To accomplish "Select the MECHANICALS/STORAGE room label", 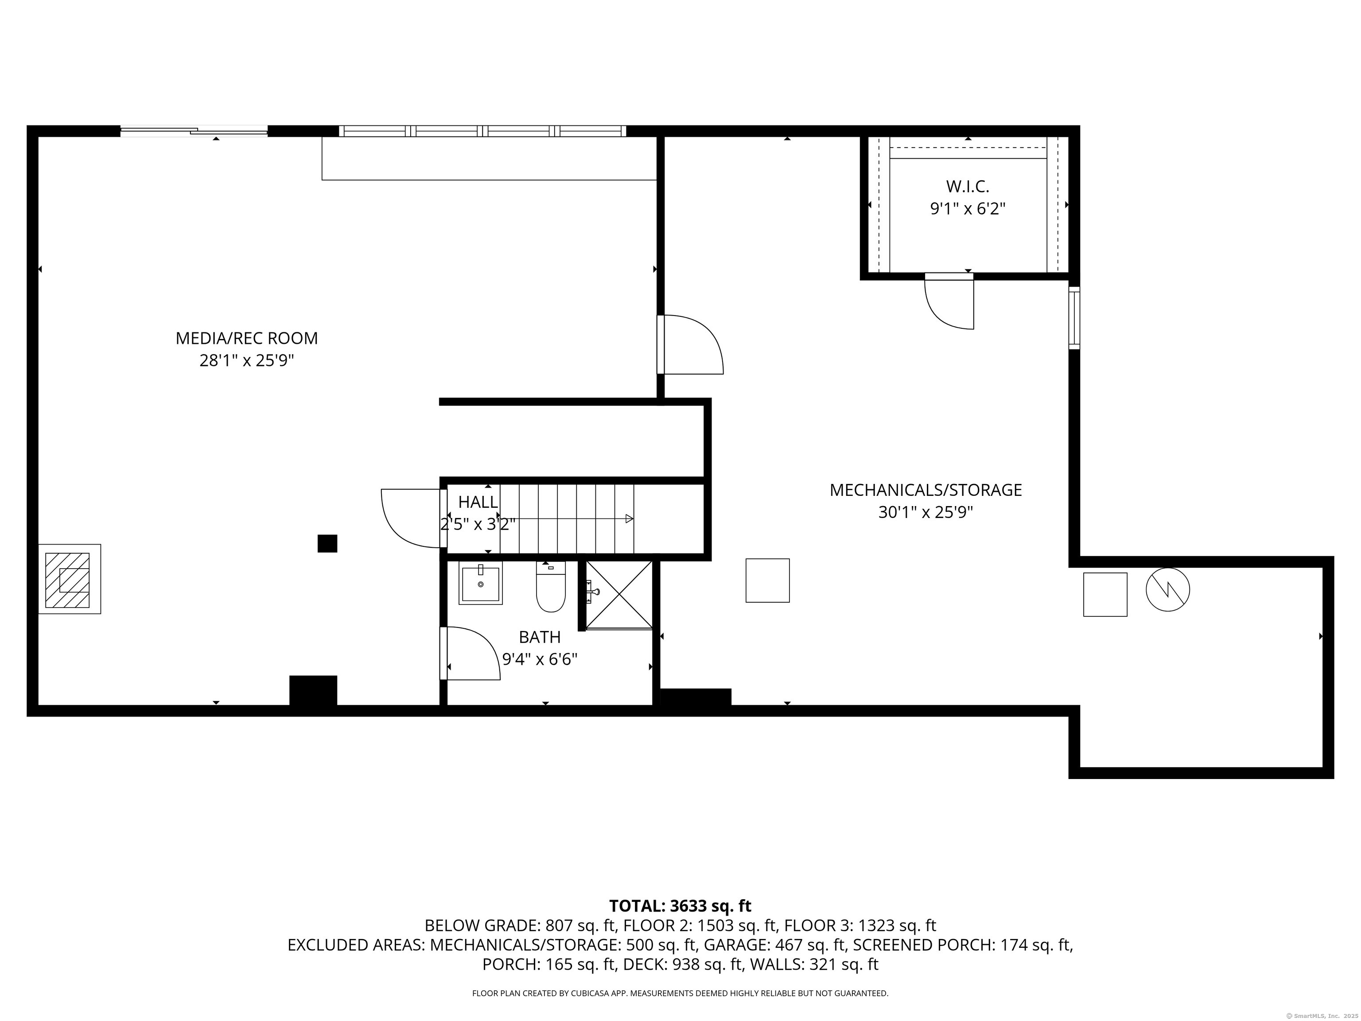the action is coord(925,490).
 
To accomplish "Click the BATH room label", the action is coord(540,637).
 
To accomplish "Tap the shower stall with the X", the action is coord(619,595).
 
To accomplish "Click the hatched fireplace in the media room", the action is coord(70,579).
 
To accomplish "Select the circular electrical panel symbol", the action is coord(1168,589).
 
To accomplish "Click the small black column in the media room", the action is coord(327,543).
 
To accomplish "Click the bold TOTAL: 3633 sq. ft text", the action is coord(680,906).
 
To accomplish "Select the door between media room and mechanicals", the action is coord(690,345).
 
